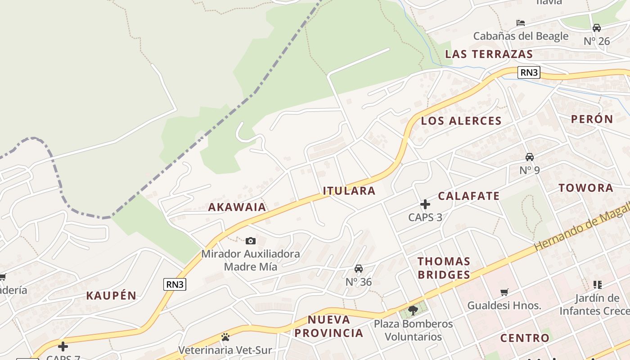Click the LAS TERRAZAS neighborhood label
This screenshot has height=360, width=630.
(489, 54)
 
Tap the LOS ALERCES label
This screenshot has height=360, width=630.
(461, 121)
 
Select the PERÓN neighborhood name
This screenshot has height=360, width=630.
(592, 119)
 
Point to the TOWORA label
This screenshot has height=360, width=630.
(586, 188)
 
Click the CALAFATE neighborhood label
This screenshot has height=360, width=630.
(469, 196)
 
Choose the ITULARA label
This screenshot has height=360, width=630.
(349, 191)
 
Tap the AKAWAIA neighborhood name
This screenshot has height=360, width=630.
(237, 207)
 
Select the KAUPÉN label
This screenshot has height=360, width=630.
(111, 296)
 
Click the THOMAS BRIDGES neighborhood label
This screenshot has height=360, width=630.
(444, 268)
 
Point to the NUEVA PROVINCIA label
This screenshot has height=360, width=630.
(336, 326)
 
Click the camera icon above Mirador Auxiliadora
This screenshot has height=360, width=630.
(251, 241)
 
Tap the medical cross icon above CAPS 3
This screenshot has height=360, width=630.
(425, 205)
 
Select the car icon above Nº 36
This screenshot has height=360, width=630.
(359, 269)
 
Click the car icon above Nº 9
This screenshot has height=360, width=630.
(530, 157)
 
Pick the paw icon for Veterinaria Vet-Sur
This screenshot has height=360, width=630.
(225, 337)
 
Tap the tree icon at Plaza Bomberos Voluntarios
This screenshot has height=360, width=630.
(413, 310)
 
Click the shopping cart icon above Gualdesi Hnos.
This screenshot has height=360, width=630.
(504, 292)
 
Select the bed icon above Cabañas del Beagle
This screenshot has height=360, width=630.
(521, 23)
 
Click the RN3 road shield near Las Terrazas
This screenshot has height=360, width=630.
(528, 72)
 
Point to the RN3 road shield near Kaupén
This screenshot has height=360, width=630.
(175, 284)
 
